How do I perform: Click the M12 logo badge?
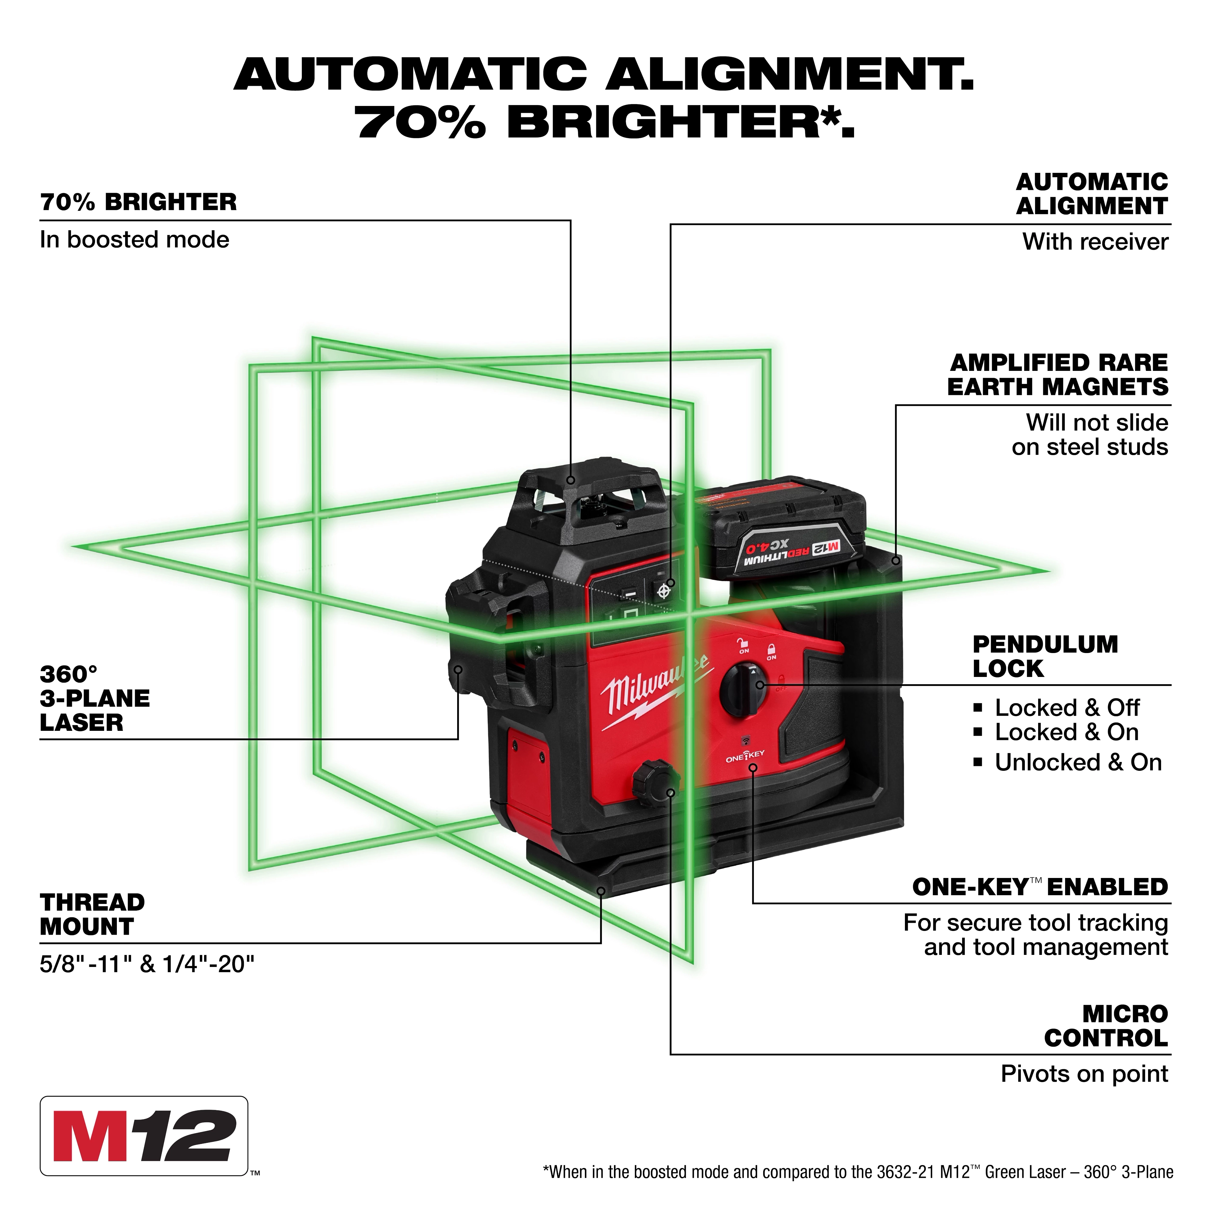144,1145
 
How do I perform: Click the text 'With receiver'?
1095,242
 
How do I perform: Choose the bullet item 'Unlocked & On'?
1078,762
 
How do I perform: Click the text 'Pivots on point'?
1084,1074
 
